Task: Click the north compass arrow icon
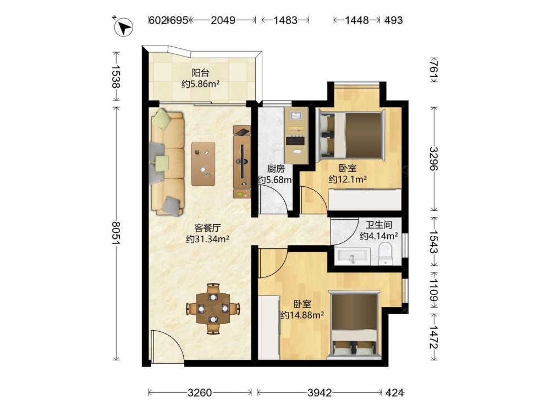123,27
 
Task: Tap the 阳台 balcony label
201,73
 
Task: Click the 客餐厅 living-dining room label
207,228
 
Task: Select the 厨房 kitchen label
276,169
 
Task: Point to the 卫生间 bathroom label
378,225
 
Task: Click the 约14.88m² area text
301,315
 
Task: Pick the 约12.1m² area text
348,180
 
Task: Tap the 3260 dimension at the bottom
200,393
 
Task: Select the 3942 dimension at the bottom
320,393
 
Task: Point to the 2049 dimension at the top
223,20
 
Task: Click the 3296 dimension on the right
435,158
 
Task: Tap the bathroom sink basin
352,257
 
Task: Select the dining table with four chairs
213,308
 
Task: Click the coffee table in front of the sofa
204,164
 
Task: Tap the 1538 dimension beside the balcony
116,76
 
